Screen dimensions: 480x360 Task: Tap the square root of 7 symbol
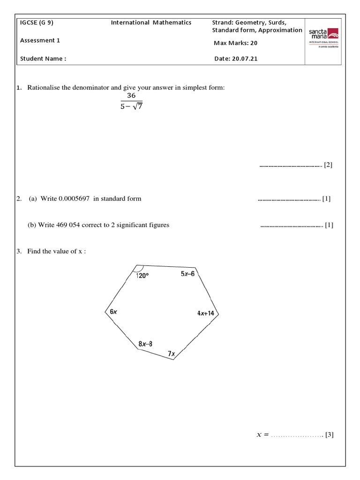click(x=137, y=106)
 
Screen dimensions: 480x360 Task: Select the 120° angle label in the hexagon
click(x=142, y=276)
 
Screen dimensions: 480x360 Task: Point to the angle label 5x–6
click(x=187, y=274)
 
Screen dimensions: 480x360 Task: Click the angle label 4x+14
click(x=205, y=313)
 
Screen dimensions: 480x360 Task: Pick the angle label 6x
click(x=113, y=312)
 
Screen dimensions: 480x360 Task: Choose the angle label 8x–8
click(x=145, y=344)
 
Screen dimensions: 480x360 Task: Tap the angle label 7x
click(x=171, y=354)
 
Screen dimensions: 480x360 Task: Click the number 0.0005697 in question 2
click(x=75, y=199)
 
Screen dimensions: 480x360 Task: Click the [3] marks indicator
click(x=329, y=435)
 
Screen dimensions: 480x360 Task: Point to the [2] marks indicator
click(x=328, y=165)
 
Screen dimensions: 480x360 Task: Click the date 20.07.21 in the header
click(x=243, y=59)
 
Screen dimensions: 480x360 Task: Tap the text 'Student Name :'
click(x=43, y=59)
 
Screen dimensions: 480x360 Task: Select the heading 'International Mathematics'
click(x=151, y=22)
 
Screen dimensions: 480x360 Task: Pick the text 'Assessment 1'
click(x=40, y=40)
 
